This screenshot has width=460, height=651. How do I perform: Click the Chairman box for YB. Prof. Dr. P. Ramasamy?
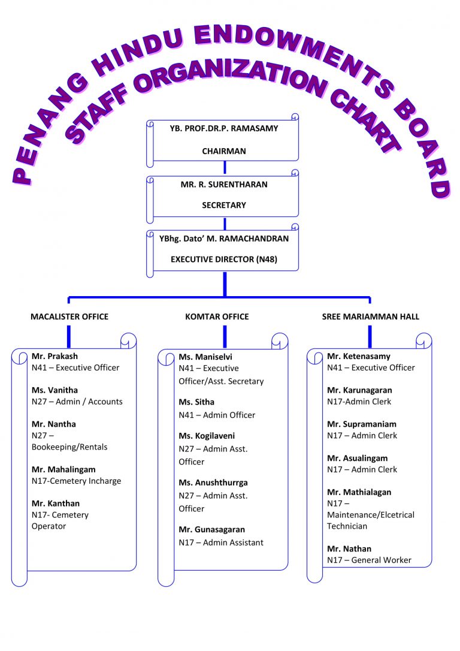(x=223, y=140)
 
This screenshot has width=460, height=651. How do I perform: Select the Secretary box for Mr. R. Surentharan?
(x=223, y=195)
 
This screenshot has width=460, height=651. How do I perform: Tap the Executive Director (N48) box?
(x=223, y=249)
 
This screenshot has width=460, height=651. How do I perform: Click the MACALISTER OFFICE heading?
(x=69, y=317)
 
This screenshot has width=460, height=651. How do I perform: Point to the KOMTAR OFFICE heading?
(x=217, y=317)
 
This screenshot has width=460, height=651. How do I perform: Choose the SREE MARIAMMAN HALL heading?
(x=370, y=317)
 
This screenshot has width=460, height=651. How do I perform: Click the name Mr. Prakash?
(x=55, y=356)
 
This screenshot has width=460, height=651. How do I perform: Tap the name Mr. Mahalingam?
(x=63, y=469)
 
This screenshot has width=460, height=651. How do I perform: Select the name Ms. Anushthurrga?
(x=213, y=483)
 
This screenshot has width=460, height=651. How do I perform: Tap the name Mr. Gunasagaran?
(x=211, y=529)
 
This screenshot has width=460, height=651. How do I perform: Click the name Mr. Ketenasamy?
(x=358, y=356)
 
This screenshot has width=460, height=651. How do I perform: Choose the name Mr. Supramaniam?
(x=361, y=424)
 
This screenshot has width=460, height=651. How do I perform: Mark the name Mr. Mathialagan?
(x=359, y=492)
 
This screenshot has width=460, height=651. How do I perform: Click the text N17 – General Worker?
(x=369, y=560)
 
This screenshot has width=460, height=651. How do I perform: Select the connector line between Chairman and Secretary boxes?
(x=225, y=167)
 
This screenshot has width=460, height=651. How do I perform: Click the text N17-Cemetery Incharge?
(x=76, y=481)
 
